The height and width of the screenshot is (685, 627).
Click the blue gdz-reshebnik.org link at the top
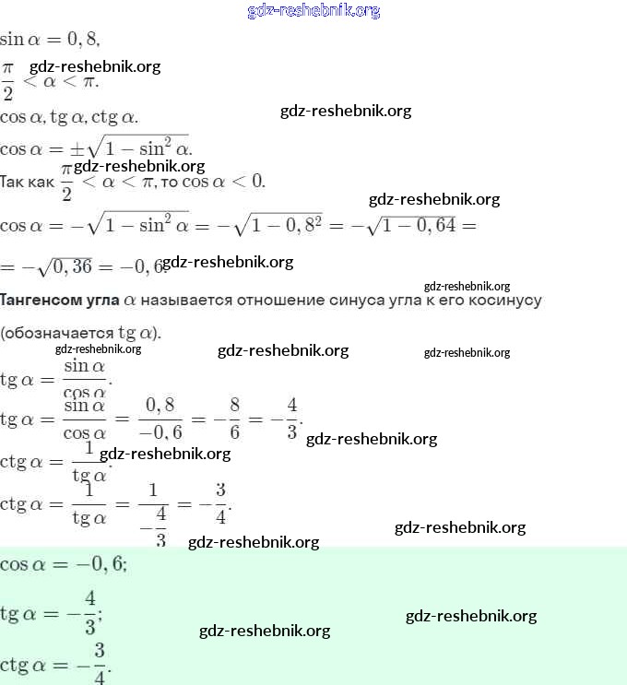click(313, 11)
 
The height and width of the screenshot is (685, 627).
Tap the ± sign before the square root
click(68, 148)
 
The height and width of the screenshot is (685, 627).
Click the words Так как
click(28, 183)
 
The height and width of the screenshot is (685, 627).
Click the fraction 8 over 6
click(235, 419)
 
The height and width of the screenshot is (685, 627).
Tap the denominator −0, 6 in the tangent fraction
click(160, 431)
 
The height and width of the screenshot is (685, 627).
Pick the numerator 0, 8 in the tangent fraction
click(160, 407)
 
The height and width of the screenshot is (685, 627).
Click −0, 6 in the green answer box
click(99, 564)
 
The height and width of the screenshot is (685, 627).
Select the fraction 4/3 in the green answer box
click(90, 612)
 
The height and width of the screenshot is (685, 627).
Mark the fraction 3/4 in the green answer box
click(99, 664)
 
